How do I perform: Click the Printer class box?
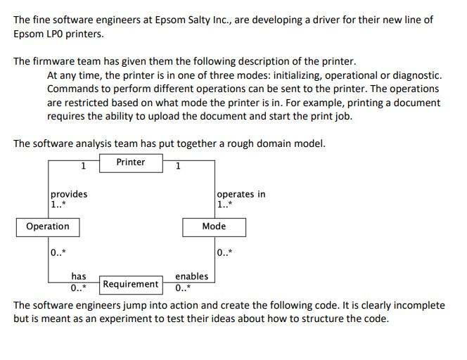(x=131, y=162)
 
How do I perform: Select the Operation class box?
(x=48, y=226)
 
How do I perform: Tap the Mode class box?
(x=214, y=226)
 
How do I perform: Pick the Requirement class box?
(x=130, y=284)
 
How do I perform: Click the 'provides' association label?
(x=69, y=194)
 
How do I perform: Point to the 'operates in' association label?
(x=241, y=194)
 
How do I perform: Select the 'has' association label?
(x=79, y=277)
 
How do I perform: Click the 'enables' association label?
(x=191, y=277)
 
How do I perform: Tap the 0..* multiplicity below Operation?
(x=58, y=252)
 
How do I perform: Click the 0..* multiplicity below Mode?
(x=225, y=252)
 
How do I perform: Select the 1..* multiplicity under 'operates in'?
(x=225, y=205)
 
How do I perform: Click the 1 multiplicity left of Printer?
(x=83, y=167)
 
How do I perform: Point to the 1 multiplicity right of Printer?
(x=178, y=167)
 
